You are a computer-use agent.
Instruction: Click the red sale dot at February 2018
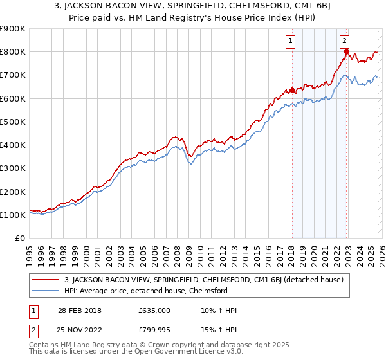(x=292, y=90)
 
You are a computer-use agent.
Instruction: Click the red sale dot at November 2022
(x=346, y=52)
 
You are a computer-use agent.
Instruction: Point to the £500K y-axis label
(x=13, y=122)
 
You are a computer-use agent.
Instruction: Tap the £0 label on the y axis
(x=19, y=238)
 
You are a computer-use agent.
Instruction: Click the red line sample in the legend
(x=47, y=280)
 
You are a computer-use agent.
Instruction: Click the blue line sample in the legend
(x=47, y=291)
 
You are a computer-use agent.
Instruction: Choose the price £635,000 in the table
(x=154, y=310)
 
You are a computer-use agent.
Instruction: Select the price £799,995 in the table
(x=154, y=331)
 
